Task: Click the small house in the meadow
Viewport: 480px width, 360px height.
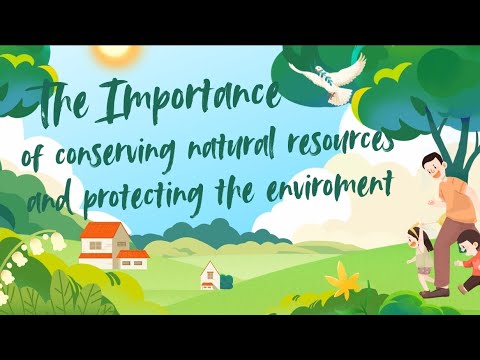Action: tap(210, 272)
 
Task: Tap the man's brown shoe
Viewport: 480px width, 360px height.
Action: tap(435, 292)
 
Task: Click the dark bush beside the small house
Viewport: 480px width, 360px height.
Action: tap(227, 282)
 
